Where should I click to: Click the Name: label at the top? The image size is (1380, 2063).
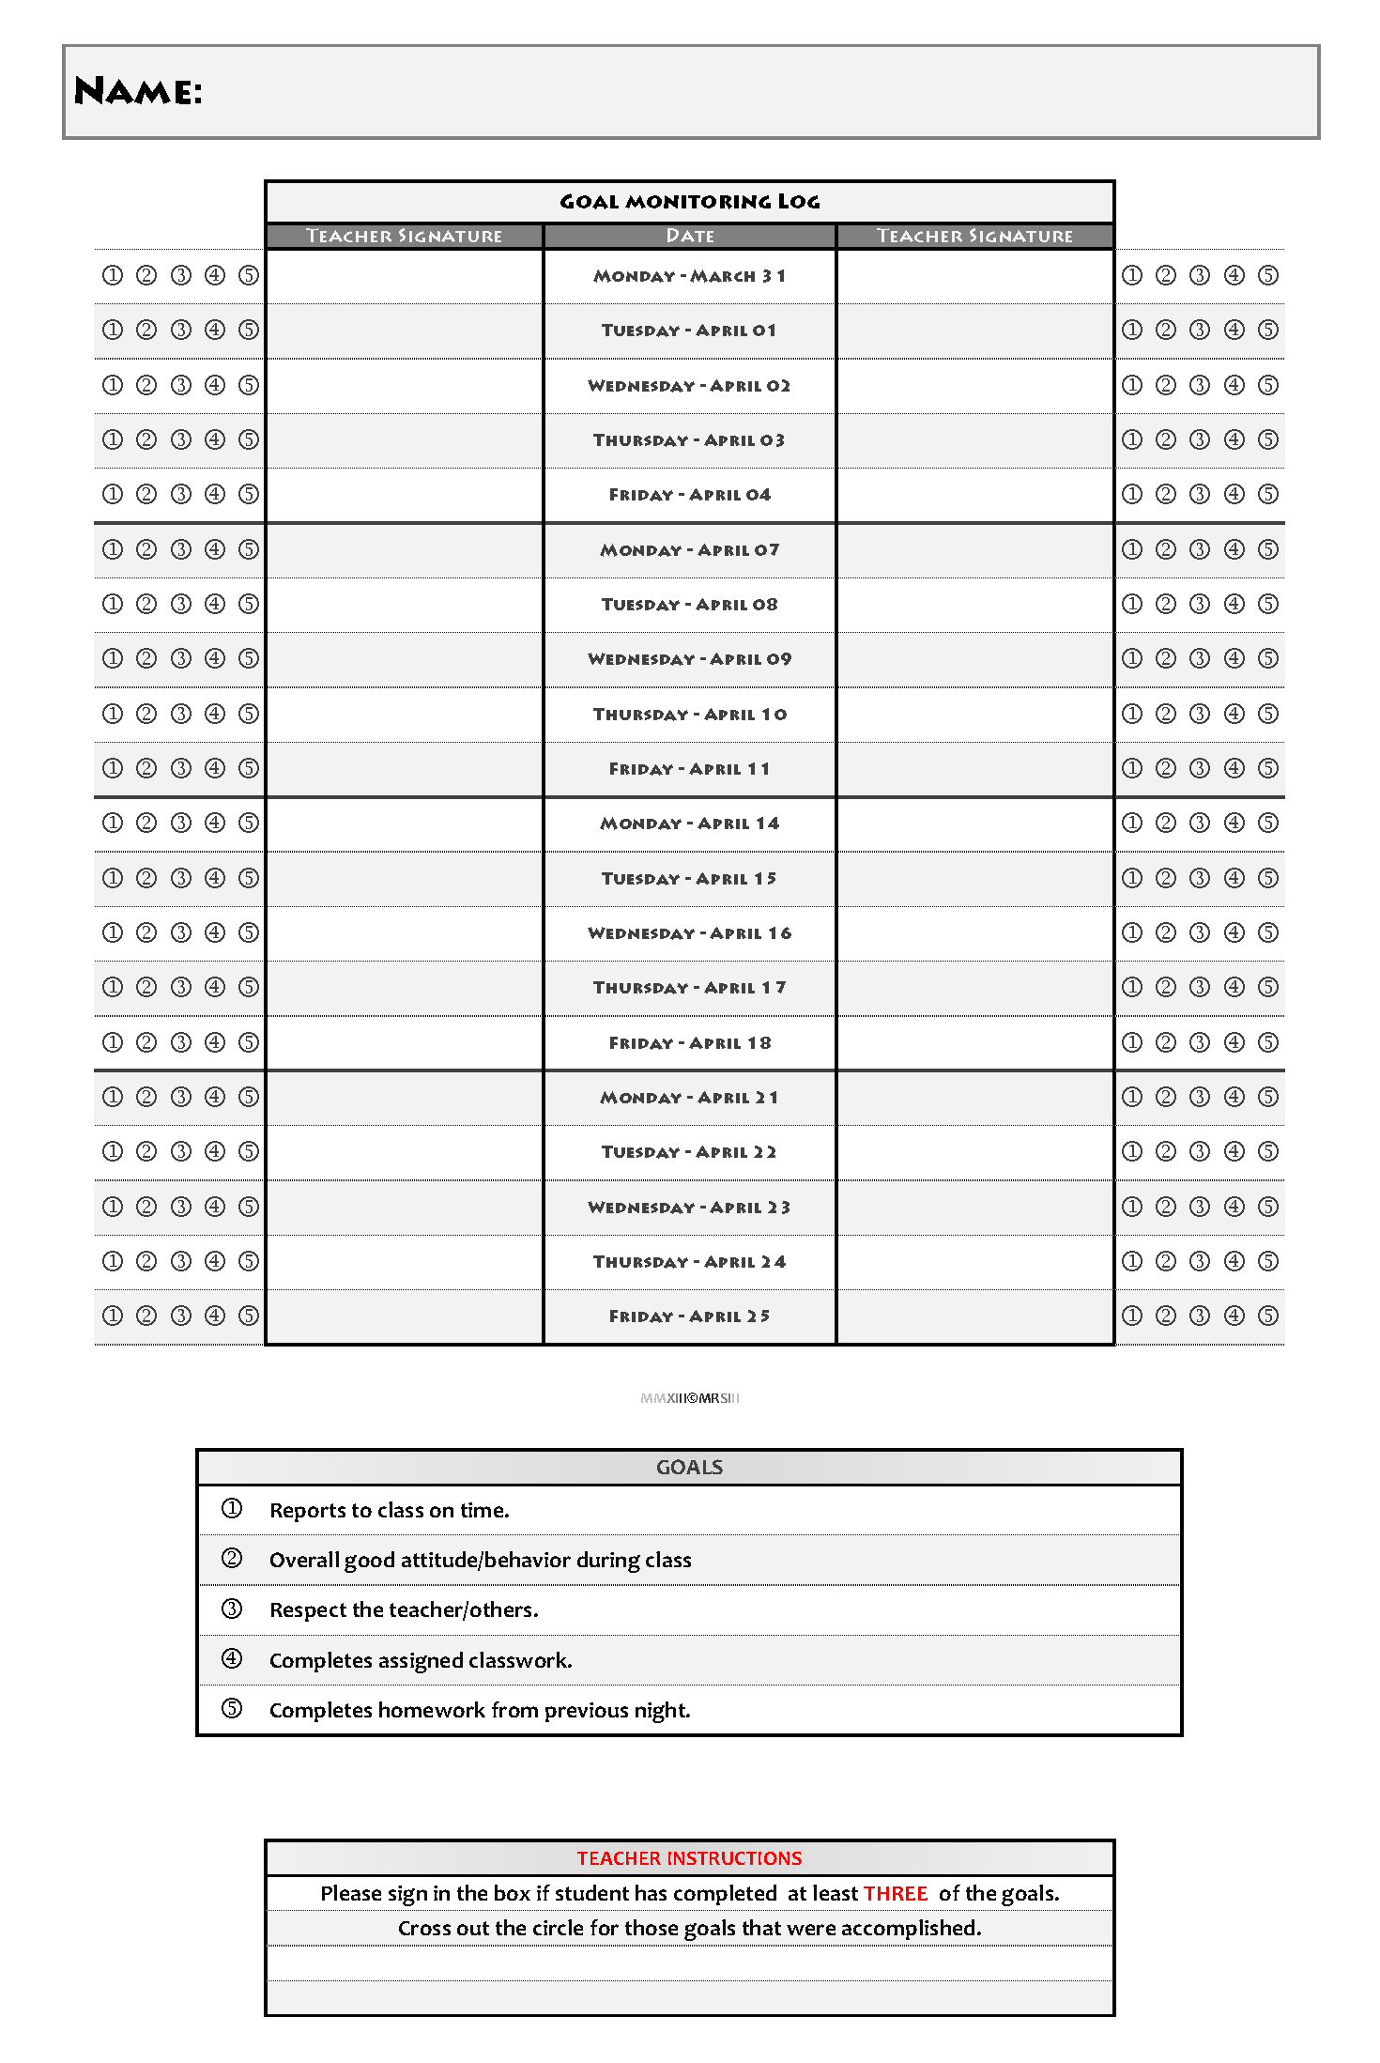(138, 92)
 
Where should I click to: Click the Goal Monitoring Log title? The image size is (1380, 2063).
(689, 201)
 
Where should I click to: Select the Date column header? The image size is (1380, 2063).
(689, 236)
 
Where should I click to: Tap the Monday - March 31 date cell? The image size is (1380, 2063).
(689, 276)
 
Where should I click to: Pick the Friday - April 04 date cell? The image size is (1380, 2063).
(689, 495)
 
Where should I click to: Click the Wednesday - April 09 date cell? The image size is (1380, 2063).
(689, 659)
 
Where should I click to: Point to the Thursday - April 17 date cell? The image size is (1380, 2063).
(689, 988)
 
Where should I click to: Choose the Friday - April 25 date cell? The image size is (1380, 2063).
(689, 1316)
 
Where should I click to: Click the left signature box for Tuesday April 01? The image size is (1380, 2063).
(405, 331)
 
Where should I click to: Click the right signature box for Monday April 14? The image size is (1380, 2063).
(974, 824)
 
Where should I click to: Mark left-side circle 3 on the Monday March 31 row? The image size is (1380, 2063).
(181, 275)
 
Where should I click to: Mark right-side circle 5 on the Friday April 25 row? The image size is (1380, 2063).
(1268, 1316)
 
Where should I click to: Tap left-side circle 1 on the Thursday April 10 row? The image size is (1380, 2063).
(113, 714)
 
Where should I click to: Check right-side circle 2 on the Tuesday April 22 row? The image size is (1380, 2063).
(1166, 1151)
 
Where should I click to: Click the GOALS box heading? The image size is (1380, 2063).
(689, 1468)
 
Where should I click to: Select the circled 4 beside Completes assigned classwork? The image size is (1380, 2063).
(232, 1659)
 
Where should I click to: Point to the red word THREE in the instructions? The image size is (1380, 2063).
(896, 1893)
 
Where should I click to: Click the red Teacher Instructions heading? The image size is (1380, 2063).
(689, 1858)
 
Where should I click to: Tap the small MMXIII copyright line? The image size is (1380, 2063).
(689, 1398)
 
